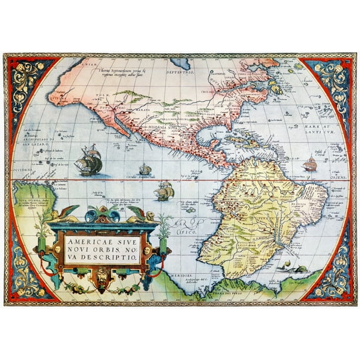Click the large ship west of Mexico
89,160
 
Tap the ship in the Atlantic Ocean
310,165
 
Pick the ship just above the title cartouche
164,191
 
